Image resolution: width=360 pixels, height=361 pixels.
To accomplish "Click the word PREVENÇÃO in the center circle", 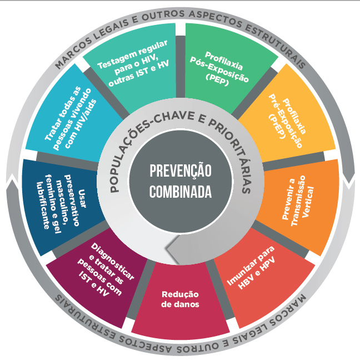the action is (181, 171).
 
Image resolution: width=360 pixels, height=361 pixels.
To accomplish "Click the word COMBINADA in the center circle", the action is (181, 192).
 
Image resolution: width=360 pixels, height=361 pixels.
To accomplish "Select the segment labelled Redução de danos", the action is (181, 299).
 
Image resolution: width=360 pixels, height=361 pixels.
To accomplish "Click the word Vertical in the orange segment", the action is (308, 202).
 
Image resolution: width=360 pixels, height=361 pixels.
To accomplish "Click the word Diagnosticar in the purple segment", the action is (112, 262).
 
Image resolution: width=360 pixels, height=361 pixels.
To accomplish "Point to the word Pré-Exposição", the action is (286, 121).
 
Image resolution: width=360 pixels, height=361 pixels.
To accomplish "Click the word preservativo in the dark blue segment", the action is (72, 200).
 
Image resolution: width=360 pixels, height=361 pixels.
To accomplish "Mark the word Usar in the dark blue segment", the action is (82, 199).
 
